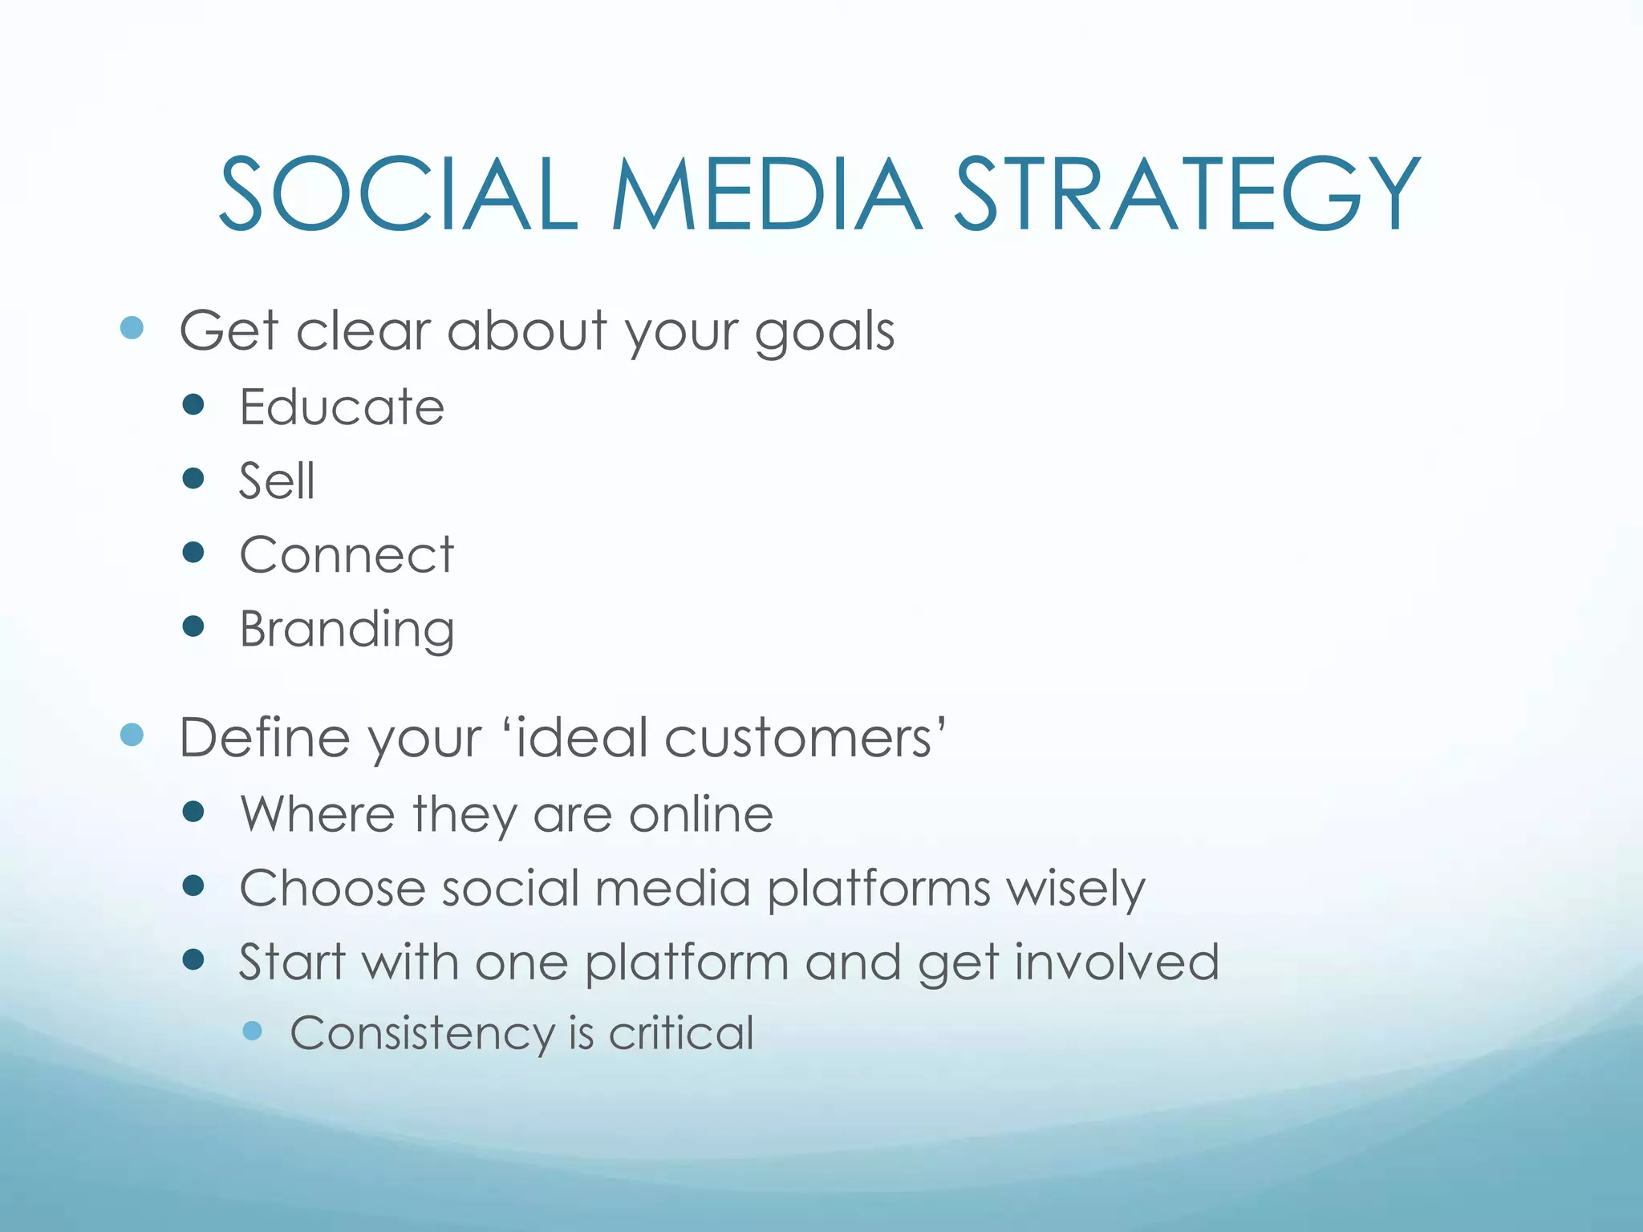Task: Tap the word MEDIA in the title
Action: click(766, 195)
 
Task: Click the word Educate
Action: click(342, 407)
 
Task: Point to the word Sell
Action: click(277, 481)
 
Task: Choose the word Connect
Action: click(347, 555)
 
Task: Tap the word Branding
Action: click(347, 630)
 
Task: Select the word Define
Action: click(265, 738)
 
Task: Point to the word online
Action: click(700, 815)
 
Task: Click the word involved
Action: click(1117, 962)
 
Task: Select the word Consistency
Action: click(422, 1033)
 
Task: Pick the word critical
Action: click(681, 1033)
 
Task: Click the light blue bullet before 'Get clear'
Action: click(132, 327)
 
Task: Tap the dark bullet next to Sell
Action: click(193, 479)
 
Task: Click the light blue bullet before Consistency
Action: click(252, 1031)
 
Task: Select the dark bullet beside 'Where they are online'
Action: click(193, 812)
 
